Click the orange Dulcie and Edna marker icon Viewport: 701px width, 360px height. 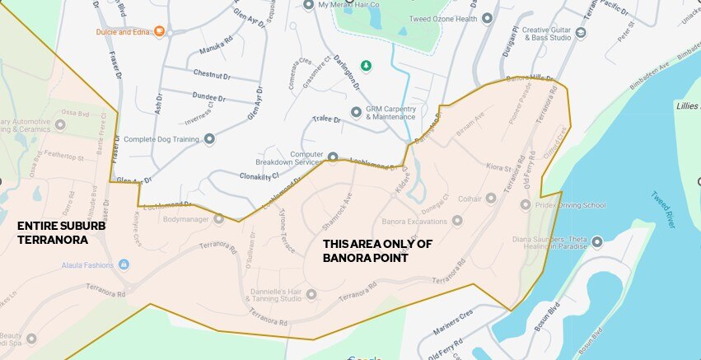click(x=159, y=32)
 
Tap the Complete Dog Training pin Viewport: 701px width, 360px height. click(x=209, y=139)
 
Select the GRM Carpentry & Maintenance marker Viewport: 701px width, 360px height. click(x=356, y=111)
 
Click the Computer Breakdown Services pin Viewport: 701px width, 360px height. click(x=333, y=157)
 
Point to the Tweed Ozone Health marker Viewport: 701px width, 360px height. click(x=487, y=18)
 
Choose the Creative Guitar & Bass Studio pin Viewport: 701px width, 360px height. click(x=581, y=33)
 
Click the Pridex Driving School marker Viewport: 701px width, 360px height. click(x=526, y=204)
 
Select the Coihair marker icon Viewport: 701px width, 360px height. click(x=491, y=198)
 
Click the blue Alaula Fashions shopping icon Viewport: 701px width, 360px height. click(x=124, y=264)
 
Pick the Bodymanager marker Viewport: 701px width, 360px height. click(x=219, y=219)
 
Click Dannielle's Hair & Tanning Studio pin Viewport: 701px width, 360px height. click(x=311, y=293)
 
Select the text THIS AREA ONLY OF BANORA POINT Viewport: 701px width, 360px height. click(x=377, y=250)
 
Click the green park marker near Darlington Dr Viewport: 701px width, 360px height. click(x=367, y=65)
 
